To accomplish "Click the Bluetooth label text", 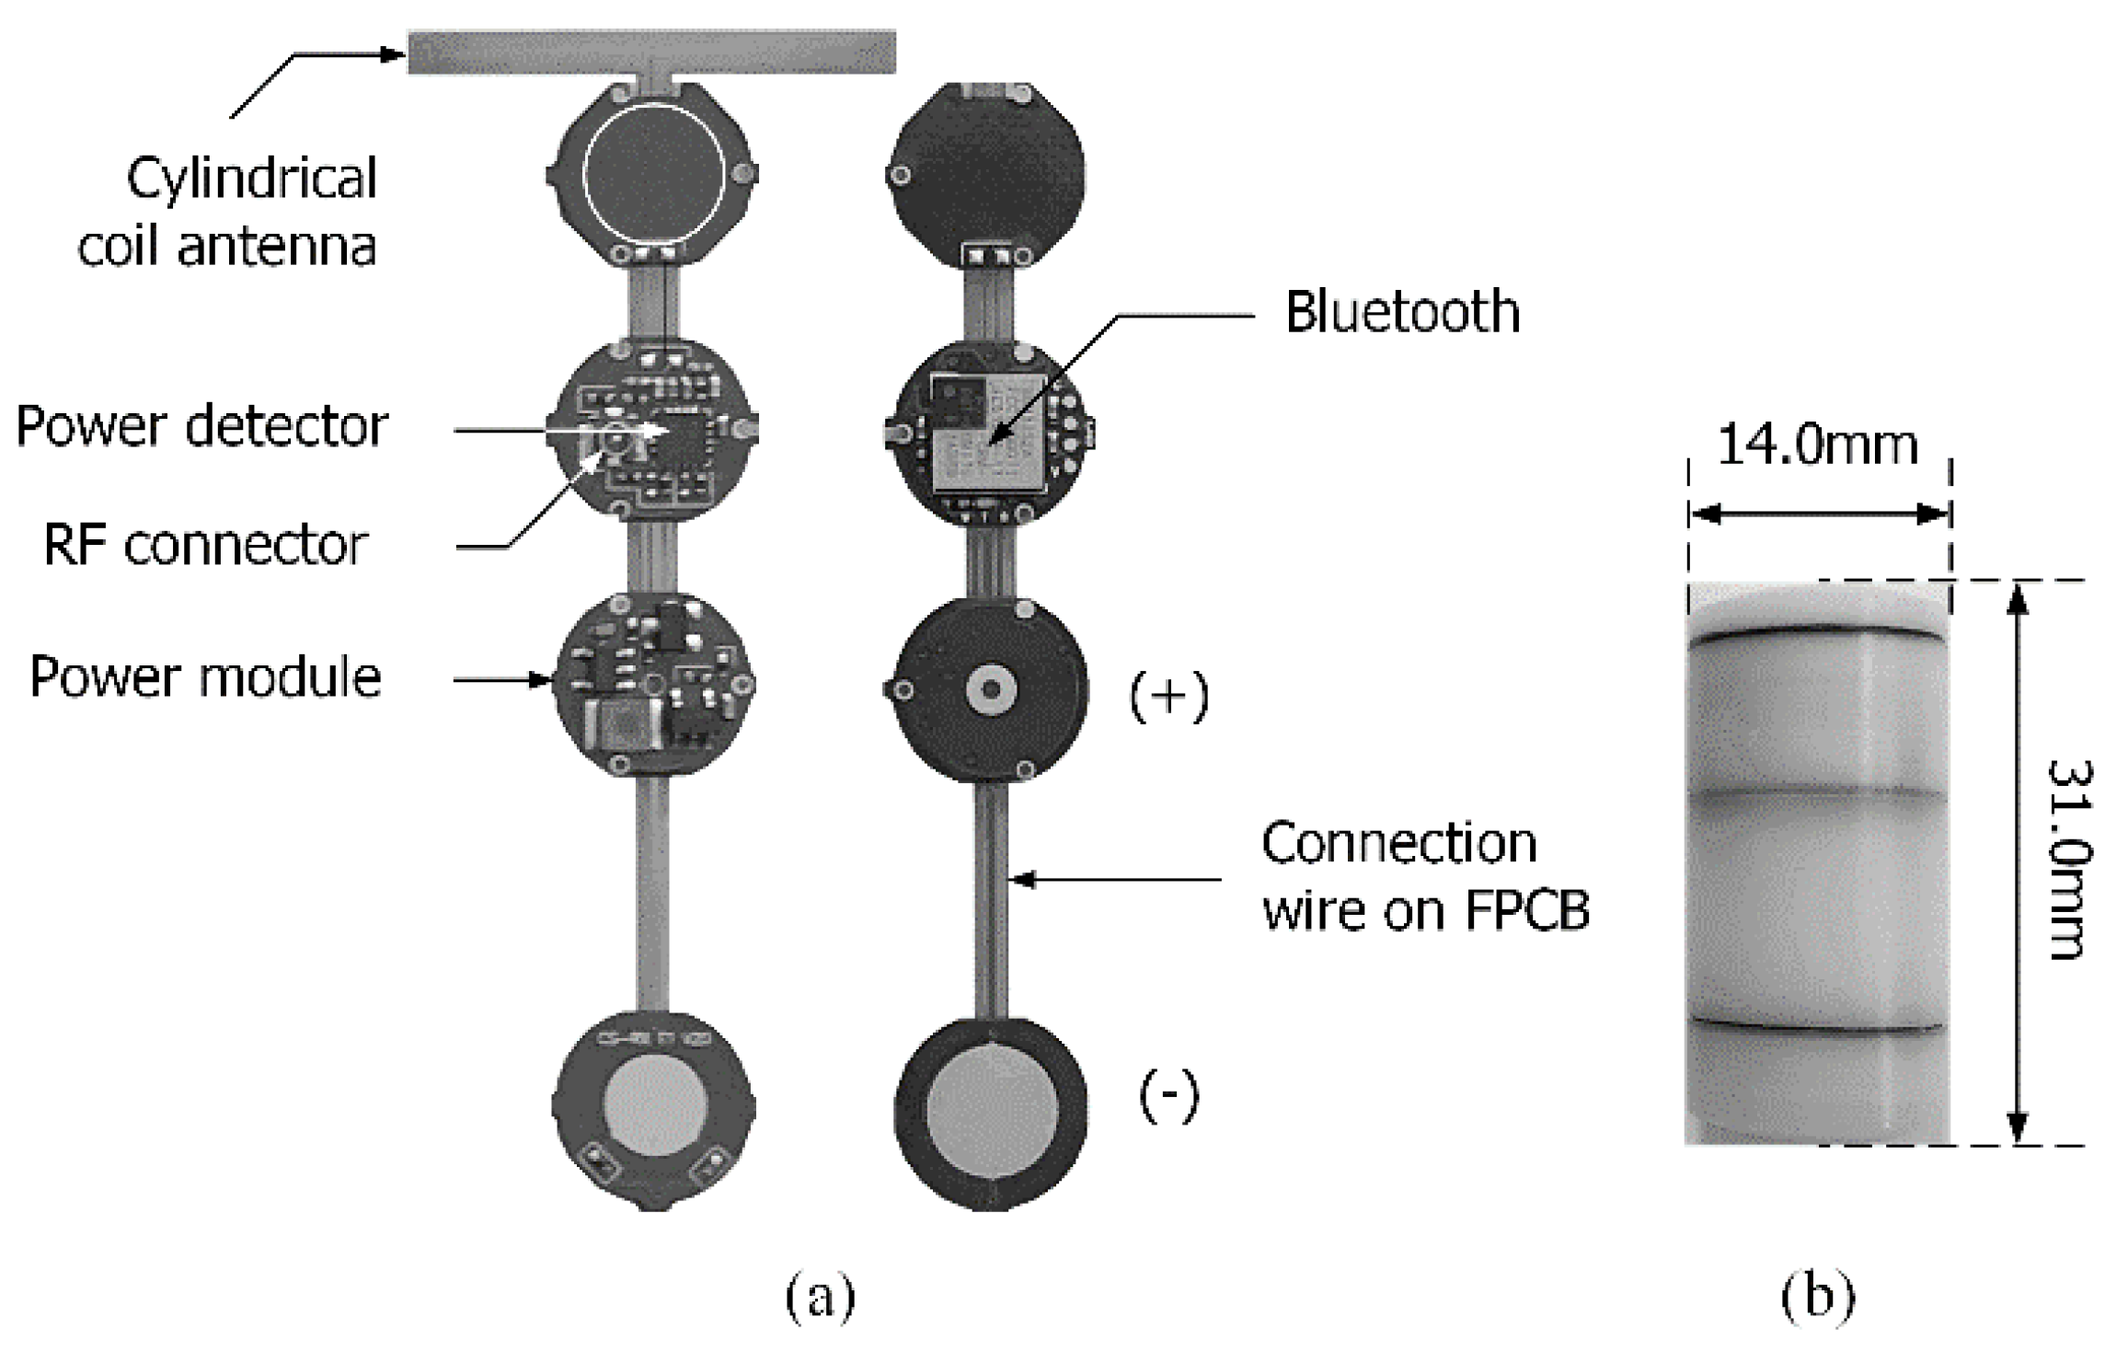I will pos(1401,313).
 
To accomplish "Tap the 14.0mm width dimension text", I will pos(1817,446).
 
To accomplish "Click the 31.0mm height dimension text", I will pos(2070,861).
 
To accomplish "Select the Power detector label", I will pos(202,427).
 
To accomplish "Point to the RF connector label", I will pos(205,545).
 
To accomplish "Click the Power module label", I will pos(205,678).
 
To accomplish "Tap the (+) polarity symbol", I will pos(1168,697).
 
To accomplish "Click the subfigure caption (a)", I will pos(820,1297).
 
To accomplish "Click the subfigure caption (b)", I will pos(1818,1297).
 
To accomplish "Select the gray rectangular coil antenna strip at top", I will pos(651,52).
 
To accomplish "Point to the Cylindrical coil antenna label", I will pos(227,213).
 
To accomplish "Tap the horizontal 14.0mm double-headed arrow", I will pos(1819,515).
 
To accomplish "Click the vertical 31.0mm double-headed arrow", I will pos(2017,862).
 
